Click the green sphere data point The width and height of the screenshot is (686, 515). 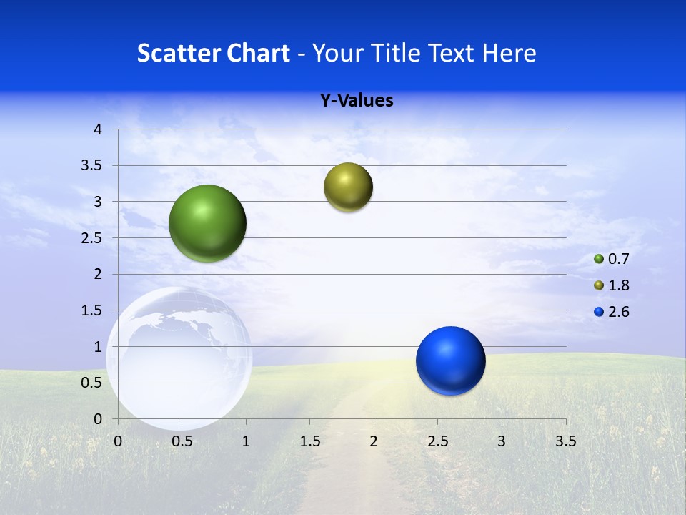click(207, 223)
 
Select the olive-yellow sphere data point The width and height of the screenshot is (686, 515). click(348, 187)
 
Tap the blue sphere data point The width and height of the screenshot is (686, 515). click(450, 360)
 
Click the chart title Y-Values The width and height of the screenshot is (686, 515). click(357, 101)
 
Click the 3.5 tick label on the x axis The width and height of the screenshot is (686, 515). click(566, 441)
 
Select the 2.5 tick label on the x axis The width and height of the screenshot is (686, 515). click(437, 441)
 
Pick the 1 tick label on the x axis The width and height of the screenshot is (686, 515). click(246, 441)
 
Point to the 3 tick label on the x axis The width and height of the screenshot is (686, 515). click(502, 441)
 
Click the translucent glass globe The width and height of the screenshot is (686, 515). click(179, 358)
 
